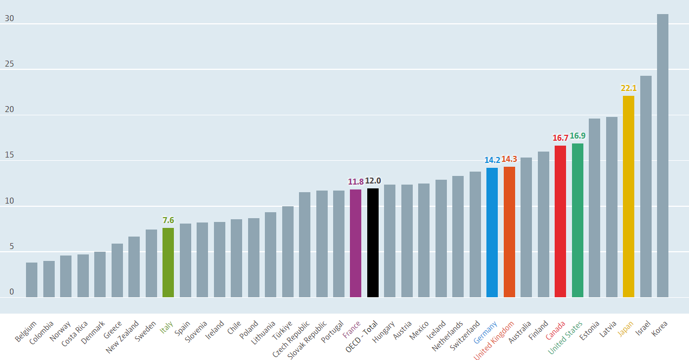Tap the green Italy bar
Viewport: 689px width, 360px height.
(x=168, y=263)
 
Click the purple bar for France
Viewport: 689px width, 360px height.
(x=355, y=243)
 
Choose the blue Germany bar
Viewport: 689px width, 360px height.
(x=492, y=232)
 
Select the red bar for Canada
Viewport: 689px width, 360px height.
(x=560, y=221)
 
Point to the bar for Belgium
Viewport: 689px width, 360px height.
(x=31, y=280)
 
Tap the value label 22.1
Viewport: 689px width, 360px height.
(x=628, y=88)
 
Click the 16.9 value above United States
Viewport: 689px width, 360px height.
(x=577, y=135)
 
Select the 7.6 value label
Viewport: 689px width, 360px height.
(x=168, y=220)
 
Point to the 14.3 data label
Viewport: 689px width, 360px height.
(x=509, y=159)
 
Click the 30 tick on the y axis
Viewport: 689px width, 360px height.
(x=9, y=19)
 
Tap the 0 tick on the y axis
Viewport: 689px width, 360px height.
(x=11, y=292)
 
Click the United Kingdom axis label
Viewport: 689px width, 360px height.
(x=495, y=340)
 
